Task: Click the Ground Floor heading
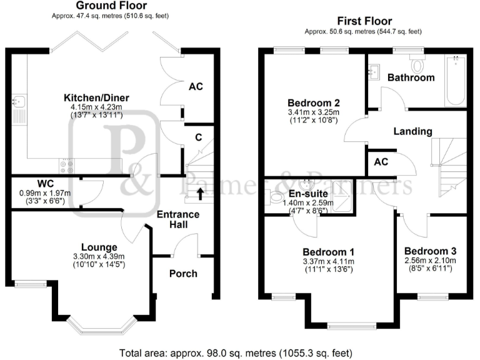[x=111, y=6]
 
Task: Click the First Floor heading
[x=363, y=21]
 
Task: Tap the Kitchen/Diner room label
[x=92, y=97]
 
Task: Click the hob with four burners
[x=66, y=166]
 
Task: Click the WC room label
[x=44, y=184]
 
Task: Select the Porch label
[x=183, y=273]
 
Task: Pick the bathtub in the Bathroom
[x=455, y=81]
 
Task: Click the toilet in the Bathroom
[x=417, y=63]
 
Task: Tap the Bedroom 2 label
[x=313, y=102]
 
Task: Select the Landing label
[x=412, y=131]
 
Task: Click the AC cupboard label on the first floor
[x=380, y=161]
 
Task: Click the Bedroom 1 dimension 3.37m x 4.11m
[x=327, y=261]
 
